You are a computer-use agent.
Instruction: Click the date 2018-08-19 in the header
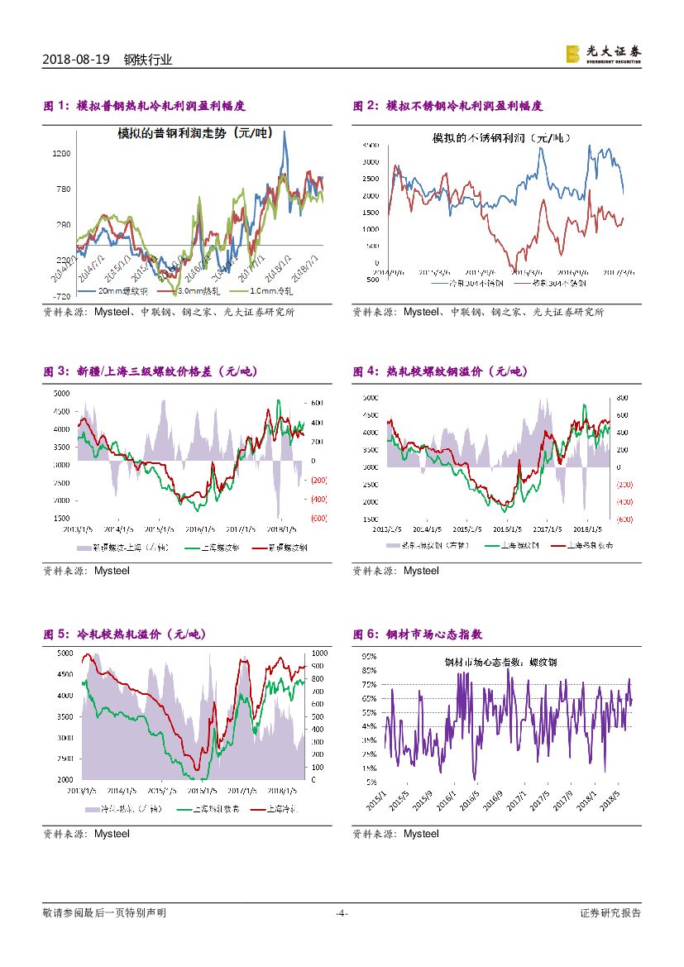point(74,60)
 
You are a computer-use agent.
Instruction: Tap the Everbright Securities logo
point(603,54)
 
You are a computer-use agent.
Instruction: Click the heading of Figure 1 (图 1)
point(144,106)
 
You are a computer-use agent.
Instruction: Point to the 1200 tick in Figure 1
point(62,154)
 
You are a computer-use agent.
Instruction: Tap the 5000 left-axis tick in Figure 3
point(61,393)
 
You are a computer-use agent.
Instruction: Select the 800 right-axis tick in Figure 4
point(623,397)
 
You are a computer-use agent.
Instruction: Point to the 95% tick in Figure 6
point(370,656)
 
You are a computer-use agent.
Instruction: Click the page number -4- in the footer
point(342,913)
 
